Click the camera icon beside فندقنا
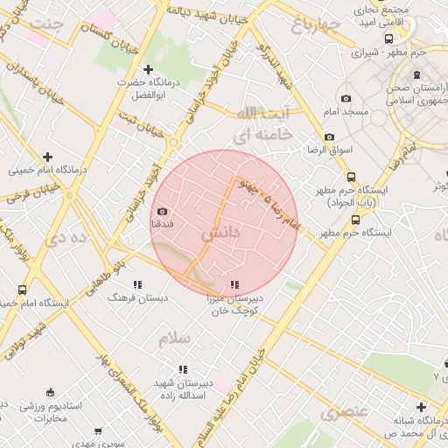(162, 211)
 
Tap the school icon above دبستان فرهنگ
(136, 284)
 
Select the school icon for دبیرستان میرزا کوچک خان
(234, 284)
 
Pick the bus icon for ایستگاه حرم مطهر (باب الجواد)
(351, 176)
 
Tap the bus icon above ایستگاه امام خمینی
(22, 290)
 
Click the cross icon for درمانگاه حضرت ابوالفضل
(148, 68)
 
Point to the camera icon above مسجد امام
(346, 99)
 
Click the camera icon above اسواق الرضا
(329, 136)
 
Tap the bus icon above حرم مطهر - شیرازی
(388, 38)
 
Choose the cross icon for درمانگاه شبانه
(422, 407)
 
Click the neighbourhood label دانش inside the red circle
(219, 234)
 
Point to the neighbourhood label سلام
(175, 337)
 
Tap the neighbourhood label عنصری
(342, 411)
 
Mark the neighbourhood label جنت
(45, 22)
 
